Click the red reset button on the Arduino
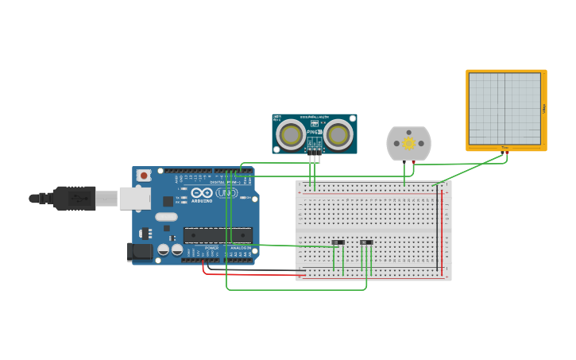point(144,175)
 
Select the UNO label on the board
point(226,192)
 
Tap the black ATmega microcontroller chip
point(218,234)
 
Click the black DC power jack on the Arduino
point(141,252)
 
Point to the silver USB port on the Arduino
point(134,198)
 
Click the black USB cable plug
point(75,198)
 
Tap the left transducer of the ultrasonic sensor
point(291,135)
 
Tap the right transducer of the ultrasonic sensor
point(338,135)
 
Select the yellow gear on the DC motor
point(408,144)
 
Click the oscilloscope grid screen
point(504,109)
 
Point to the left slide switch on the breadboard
point(338,242)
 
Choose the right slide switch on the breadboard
point(365,242)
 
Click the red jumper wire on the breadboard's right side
point(442,230)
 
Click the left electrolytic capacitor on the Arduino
point(163,250)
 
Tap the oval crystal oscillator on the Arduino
point(166,217)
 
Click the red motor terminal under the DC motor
point(412,163)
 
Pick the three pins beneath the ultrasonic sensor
point(315,149)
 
